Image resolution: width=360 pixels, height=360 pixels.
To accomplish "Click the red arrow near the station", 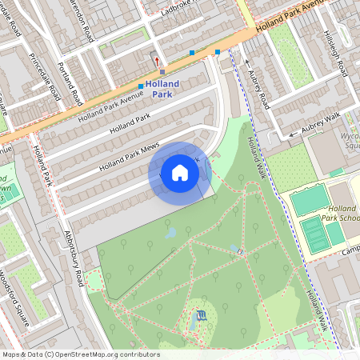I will (157, 60).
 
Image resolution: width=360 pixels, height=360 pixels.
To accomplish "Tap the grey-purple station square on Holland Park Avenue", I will (162, 71).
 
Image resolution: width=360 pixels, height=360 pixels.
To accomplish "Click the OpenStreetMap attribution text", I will (80, 354).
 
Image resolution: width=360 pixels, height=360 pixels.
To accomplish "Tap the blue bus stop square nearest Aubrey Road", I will (218, 52).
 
